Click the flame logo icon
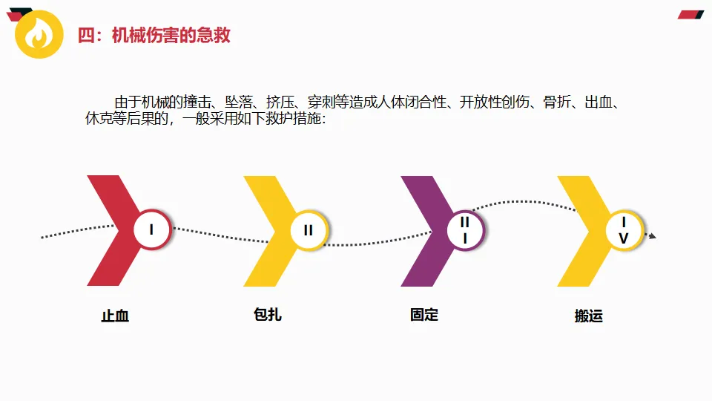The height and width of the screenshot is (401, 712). [x=39, y=34]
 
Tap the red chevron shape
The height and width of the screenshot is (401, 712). [x=111, y=230]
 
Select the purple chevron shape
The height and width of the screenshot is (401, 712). [x=426, y=230]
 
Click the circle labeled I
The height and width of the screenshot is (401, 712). [x=152, y=230]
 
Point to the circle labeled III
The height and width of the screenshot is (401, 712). [x=465, y=230]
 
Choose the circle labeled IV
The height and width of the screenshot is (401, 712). [x=624, y=231]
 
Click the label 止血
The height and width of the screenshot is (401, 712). [x=115, y=316]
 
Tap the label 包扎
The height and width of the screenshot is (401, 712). [x=268, y=315]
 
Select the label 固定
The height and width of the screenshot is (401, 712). [x=424, y=315]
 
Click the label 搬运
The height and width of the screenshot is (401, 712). [x=589, y=316]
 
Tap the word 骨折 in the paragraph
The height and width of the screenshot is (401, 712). [x=557, y=102]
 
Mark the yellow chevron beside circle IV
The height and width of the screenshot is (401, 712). [x=583, y=230]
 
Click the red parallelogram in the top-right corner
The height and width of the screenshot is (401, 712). [x=691, y=14]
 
